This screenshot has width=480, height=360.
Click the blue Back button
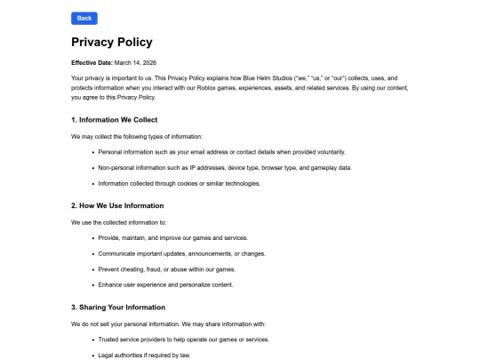click(x=84, y=18)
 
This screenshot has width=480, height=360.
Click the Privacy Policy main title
click(x=111, y=42)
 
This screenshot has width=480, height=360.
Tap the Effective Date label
click(x=92, y=62)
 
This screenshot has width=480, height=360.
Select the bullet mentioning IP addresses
click(x=225, y=168)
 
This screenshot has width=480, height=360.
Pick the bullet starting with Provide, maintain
click(x=172, y=238)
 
